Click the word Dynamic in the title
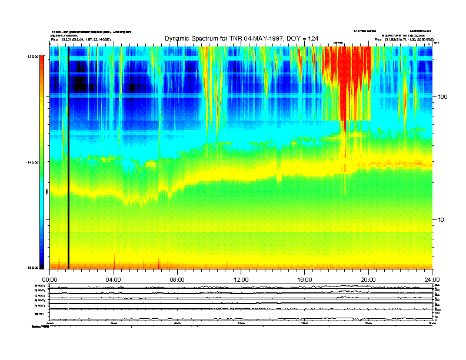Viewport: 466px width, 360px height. [179, 38]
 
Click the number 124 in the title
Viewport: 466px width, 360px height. [312, 38]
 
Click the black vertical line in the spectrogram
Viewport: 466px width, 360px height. [68, 159]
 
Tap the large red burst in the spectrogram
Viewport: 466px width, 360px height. [347, 76]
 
